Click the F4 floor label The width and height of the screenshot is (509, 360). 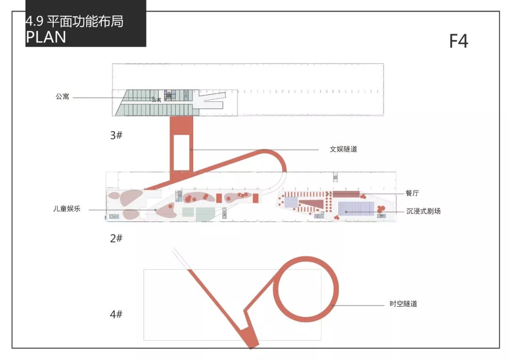[x=458, y=41]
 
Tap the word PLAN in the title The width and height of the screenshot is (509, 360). [x=46, y=37]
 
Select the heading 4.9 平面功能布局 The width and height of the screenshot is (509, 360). [x=74, y=21]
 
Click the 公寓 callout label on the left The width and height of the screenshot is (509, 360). [x=62, y=97]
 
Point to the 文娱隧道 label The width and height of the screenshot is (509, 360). [x=343, y=149]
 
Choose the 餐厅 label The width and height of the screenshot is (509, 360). [x=412, y=193]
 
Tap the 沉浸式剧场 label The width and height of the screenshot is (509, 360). [x=424, y=211]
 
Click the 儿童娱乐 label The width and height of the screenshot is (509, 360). [x=66, y=209]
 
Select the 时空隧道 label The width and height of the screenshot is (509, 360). [x=403, y=304]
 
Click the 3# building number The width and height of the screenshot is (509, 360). [x=116, y=135]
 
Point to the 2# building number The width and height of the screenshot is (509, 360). [x=116, y=238]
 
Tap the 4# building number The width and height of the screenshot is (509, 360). [x=116, y=314]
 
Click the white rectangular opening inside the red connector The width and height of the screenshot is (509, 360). [x=181, y=152]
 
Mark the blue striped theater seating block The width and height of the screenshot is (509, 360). [x=356, y=208]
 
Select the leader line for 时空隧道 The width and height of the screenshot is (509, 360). [x=358, y=305]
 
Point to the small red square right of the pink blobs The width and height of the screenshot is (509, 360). [x=255, y=198]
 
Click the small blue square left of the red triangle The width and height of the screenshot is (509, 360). [x=291, y=203]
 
